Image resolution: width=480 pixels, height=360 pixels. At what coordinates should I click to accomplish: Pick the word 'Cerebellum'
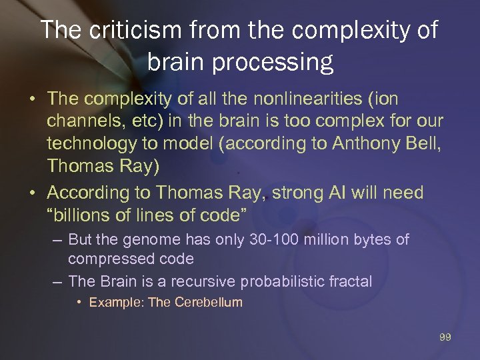(x=209, y=302)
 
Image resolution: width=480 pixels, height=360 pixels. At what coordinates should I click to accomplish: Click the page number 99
(x=445, y=337)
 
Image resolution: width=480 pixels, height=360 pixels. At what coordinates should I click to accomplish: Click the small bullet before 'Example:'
(x=79, y=302)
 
